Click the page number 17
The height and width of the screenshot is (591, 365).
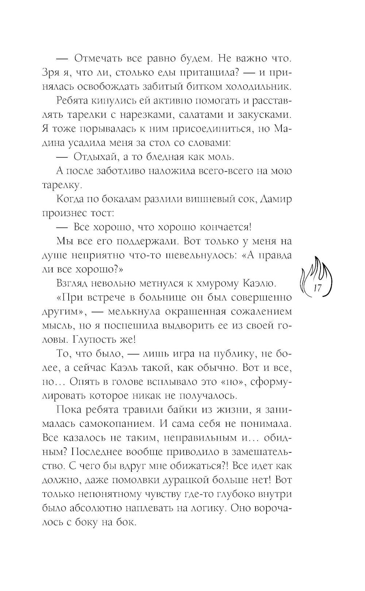[x=316, y=288]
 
